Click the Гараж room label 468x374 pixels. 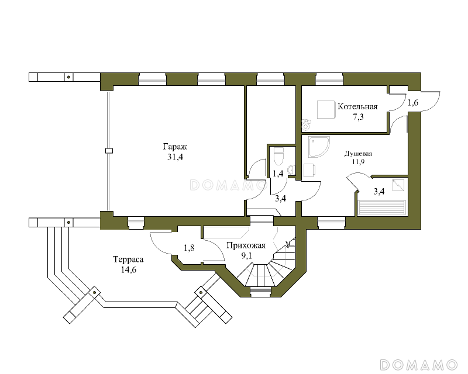175,147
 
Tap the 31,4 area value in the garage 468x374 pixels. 175,157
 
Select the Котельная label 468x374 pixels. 357,106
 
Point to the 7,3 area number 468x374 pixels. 358,117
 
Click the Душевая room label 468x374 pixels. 358,154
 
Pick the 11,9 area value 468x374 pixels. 358,162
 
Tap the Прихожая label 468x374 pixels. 246,245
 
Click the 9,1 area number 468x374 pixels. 246,255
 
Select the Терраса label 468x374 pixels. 128,259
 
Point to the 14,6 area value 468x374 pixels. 129,269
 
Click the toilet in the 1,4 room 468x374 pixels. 278,156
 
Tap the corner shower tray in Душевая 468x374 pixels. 319,147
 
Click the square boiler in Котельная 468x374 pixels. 325,110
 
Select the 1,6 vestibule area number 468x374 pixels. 413,103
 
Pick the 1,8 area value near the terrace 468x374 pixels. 189,248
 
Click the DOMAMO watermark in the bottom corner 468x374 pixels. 418,365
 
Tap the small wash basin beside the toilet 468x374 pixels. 291,170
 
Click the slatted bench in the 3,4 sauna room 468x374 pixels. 382,208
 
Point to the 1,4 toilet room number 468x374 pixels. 278,174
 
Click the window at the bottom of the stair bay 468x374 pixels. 260,292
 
